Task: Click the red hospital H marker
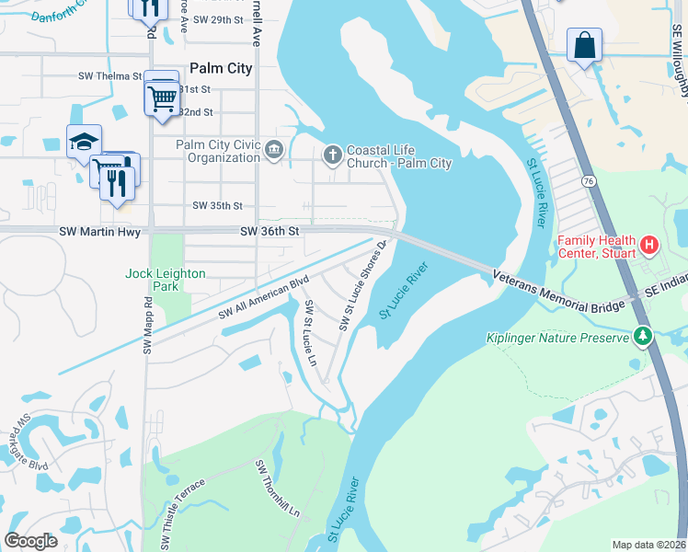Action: [x=649, y=245]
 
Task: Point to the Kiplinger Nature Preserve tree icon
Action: [x=643, y=338]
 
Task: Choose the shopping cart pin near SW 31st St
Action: [x=163, y=95]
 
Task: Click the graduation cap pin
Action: [x=83, y=142]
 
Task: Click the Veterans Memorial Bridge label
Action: [x=557, y=289]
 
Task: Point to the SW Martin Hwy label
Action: [x=99, y=232]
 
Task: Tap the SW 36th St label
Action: [x=270, y=232]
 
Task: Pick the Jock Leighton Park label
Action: [x=166, y=281]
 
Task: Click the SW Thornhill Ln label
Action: [x=279, y=487]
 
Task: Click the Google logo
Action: [x=30, y=541]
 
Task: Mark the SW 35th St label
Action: [x=218, y=206]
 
